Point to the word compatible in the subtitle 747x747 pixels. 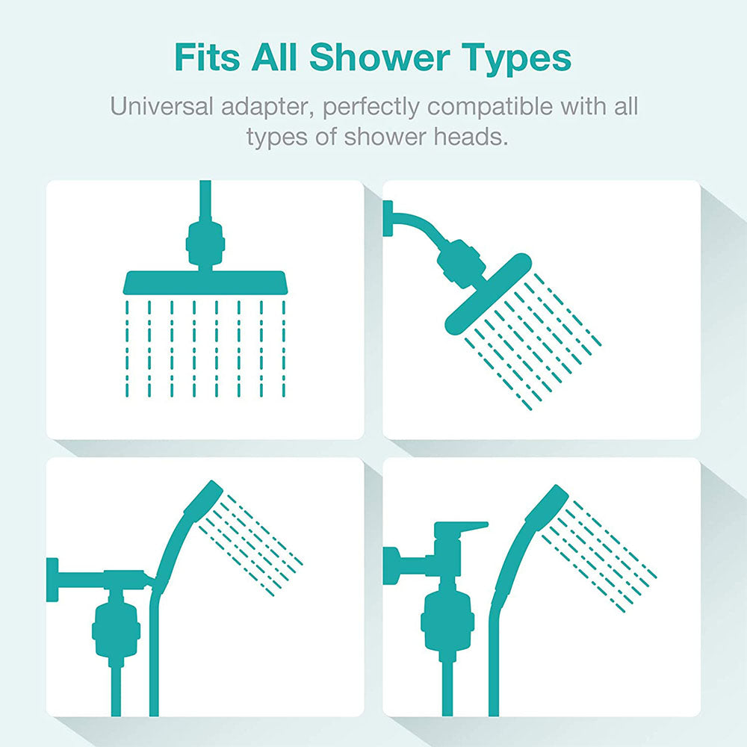479,106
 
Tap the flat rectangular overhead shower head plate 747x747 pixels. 204,282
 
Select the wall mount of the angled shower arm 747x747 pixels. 388,219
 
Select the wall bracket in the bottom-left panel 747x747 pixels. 52,579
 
